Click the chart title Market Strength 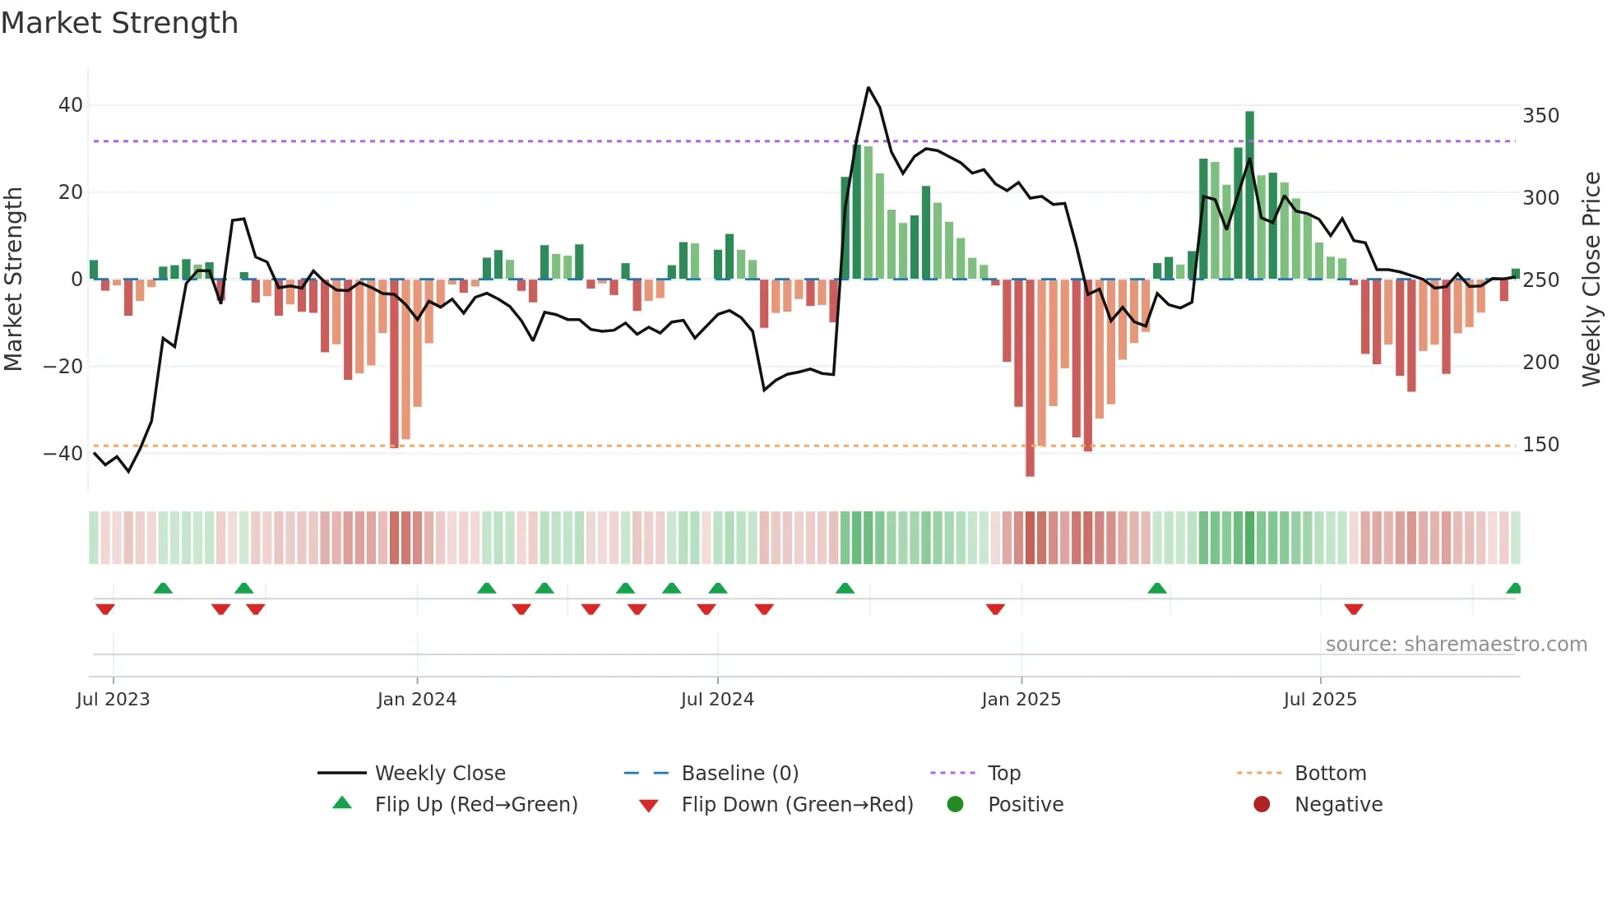[x=119, y=23]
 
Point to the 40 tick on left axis [x=71, y=105]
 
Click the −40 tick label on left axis [x=63, y=453]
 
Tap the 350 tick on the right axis [x=1540, y=116]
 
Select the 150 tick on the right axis [x=1540, y=445]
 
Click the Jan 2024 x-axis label [x=416, y=700]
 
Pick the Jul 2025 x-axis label [x=1319, y=700]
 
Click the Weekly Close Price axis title [x=1591, y=280]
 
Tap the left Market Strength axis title [x=14, y=280]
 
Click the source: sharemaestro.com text [x=1456, y=645]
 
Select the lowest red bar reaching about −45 [x=1030, y=378]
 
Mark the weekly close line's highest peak [x=869, y=88]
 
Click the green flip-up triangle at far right [x=1513, y=589]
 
